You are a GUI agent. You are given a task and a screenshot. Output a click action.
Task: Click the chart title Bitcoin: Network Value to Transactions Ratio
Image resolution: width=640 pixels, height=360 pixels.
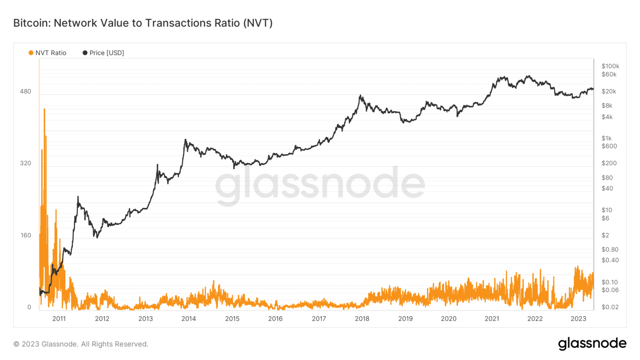tap(143, 23)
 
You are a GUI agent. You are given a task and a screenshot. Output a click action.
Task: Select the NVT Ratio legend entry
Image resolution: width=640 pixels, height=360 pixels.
tap(47, 53)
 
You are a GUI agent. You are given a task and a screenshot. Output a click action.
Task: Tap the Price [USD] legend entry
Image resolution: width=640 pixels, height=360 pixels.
tap(103, 53)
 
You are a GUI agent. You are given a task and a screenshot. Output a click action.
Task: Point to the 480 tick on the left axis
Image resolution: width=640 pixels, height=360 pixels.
tap(25, 91)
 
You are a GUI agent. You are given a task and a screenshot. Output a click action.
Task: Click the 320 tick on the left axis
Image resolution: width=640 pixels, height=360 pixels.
tap(25, 163)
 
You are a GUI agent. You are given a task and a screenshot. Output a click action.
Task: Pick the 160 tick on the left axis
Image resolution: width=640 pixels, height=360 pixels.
tap(25, 235)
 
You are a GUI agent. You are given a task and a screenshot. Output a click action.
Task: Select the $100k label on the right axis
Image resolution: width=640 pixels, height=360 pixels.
tap(610, 66)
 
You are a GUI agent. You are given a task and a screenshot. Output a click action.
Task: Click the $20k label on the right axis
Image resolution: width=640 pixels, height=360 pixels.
tap(608, 91)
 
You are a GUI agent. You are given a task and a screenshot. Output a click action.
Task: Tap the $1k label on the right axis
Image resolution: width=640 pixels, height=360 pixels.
tap(606, 138)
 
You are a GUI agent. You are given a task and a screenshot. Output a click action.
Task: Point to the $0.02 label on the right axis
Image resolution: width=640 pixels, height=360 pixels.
tap(610, 307)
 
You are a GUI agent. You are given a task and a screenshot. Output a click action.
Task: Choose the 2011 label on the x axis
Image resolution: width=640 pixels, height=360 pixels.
tap(59, 319)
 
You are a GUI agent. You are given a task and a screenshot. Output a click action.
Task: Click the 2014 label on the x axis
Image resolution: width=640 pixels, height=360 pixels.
tap(189, 319)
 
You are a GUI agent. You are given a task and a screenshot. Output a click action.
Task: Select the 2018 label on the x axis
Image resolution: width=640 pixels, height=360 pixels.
tap(362, 319)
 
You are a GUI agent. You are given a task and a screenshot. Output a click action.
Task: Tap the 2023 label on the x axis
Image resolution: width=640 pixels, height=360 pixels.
tap(578, 319)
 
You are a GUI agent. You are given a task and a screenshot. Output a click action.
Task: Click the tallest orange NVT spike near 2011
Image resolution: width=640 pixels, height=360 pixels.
tap(44, 110)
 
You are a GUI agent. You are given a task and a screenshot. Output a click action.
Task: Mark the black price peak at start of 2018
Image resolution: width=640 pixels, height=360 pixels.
tap(360, 96)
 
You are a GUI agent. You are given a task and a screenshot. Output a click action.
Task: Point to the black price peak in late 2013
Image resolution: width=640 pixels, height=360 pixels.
tap(185, 140)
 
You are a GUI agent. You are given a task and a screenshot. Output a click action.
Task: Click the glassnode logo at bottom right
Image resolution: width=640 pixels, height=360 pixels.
tap(592, 343)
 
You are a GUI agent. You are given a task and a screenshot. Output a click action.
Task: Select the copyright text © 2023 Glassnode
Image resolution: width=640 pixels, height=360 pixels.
tap(81, 344)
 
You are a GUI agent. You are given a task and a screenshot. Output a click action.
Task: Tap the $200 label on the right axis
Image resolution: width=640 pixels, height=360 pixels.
tap(609, 163)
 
